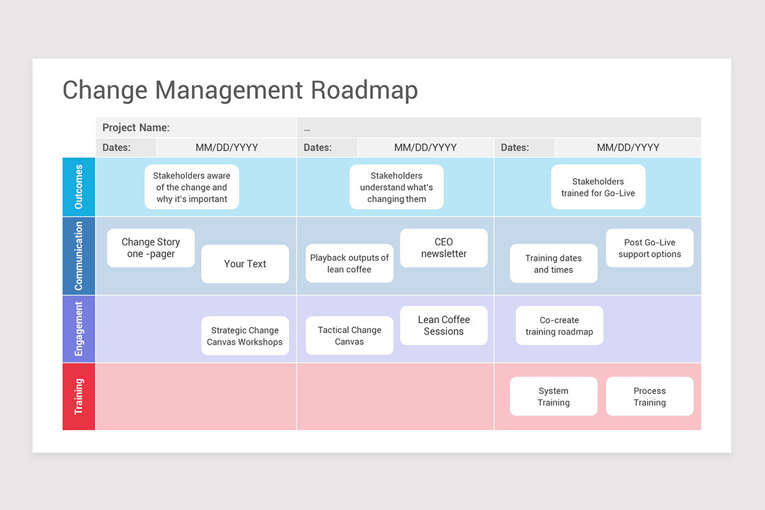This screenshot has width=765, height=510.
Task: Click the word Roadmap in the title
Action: pyautogui.click(x=364, y=90)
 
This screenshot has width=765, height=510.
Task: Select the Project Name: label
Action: pyautogui.click(x=136, y=127)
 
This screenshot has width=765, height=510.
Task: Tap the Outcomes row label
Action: pyautogui.click(x=78, y=187)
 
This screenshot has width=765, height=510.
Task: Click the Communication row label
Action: pyautogui.click(x=78, y=256)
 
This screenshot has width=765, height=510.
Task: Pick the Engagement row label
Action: pyautogui.click(x=78, y=329)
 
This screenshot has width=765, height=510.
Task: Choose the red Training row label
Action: pyautogui.click(x=78, y=397)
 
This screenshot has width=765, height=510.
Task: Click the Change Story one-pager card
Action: pyautogui.click(x=151, y=248)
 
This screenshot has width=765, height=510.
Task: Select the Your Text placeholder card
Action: pyautogui.click(x=245, y=264)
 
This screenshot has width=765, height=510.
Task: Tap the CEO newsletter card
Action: pyautogui.click(x=444, y=248)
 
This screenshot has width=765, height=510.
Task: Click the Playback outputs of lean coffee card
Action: pyautogui.click(x=349, y=263)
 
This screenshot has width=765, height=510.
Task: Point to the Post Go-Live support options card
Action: pyautogui.click(x=650, y=248)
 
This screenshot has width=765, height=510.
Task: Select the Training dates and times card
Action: pyautogui.click(x=553, y=264)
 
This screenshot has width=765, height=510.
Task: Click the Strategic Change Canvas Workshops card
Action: pyautogui.click(x=245, y=336)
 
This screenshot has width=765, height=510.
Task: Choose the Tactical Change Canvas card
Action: pyautogui.click(x=349, y=336)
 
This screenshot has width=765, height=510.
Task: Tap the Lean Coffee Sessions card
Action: pyautogui.click(x=444, y=326)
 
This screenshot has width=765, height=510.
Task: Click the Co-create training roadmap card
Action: pyautogui.click(x=559, y=326)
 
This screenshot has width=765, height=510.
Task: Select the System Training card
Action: pyautogui.click(x=553, y=397)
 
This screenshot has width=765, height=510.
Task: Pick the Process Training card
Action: pyautogui.click(x=650, y=397)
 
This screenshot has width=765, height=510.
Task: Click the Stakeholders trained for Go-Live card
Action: pyautogui.click(x=598, y=187)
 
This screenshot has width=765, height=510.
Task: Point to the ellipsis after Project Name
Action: pyautogui.click(x=307, y=128)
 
